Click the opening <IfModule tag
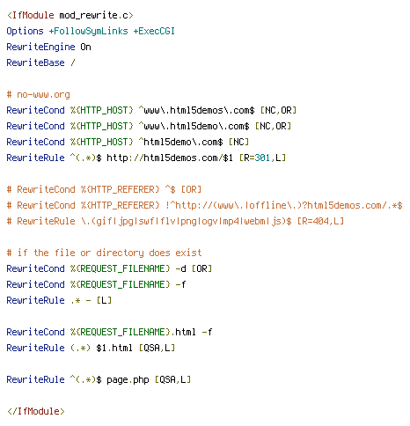point(31,15)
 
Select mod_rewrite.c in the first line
point(96,15)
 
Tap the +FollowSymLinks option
point(89,31)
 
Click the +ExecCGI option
point(154,31)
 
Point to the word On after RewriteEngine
point(85,47)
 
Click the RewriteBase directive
point(35,62)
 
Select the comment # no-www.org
point(39,94)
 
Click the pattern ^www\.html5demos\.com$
point(196,110)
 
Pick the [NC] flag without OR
point(238,142)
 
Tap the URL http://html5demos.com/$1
point(170,158)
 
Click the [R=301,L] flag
point(262,158)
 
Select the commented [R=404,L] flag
point(320,221)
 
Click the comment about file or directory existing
point(105,253)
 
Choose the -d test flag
point(180,268)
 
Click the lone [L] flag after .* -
point(104,300)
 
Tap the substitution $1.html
point(114,348)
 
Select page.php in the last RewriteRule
point(128,379)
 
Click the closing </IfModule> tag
point(36,411)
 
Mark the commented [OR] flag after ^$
point(191,189)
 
